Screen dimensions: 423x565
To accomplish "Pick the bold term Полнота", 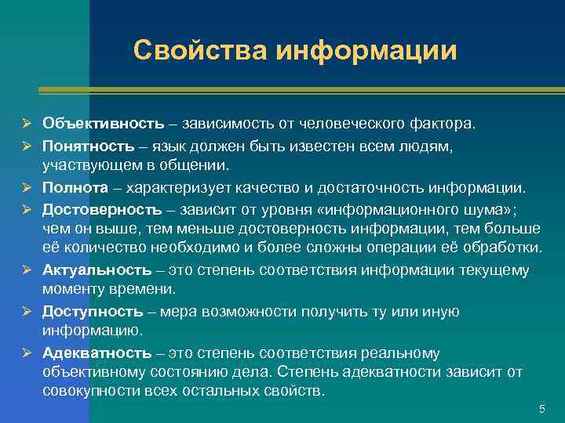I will [x=75, y=187].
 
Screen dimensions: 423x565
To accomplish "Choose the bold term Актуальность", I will [x=97, y=270].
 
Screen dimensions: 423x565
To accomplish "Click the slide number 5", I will [x=541, y=410].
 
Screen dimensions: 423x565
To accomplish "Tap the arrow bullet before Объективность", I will [x=26, y=125].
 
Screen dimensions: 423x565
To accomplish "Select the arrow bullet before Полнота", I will [x=26, y=188].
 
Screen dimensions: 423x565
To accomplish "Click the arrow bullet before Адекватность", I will [x=26, y=354].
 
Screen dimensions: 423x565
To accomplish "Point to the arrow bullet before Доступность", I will [x=26, y=313].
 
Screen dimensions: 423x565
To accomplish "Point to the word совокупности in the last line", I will [x=92, y=391].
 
